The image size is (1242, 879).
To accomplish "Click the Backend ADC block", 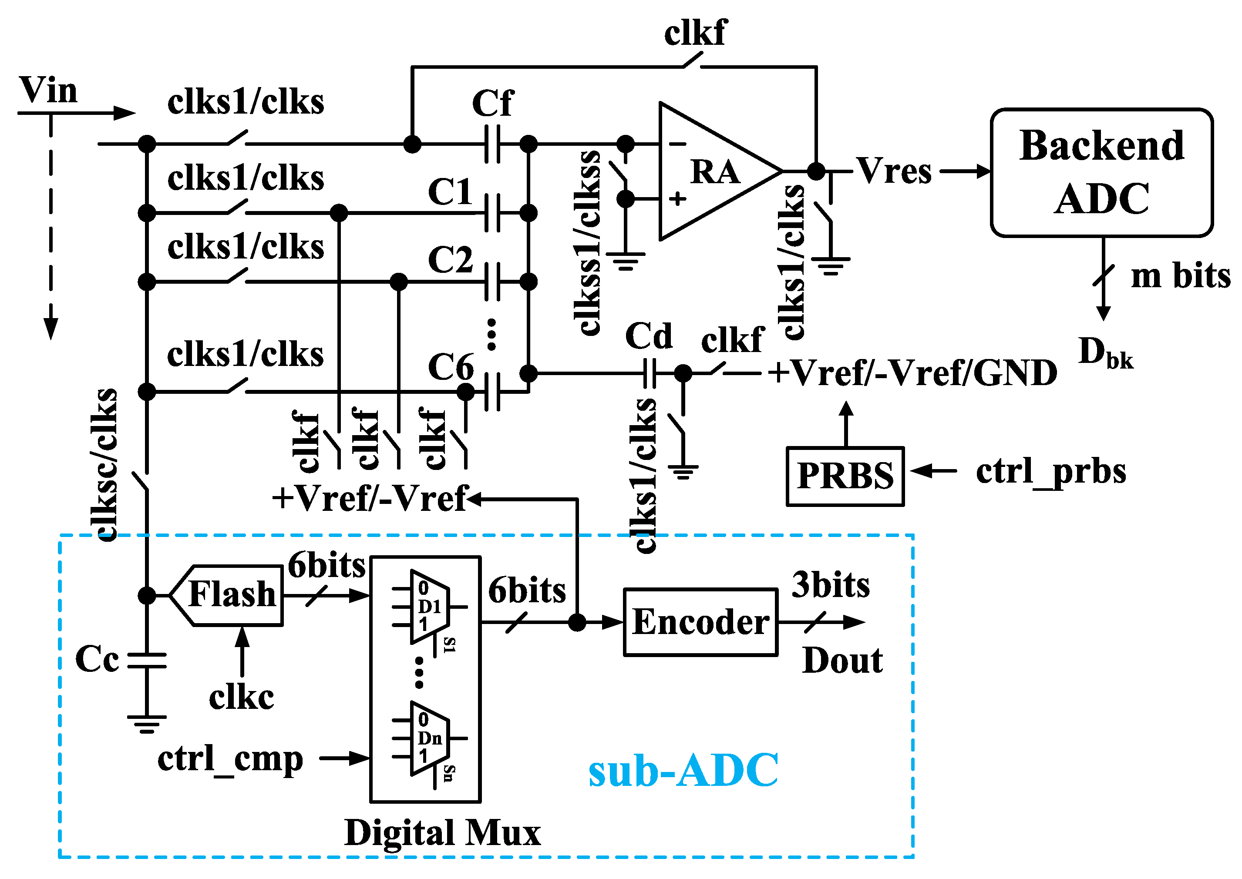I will (1101, 172).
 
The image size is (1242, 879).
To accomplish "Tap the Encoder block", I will (700, 622).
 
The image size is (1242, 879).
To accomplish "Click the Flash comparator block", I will (232, 595).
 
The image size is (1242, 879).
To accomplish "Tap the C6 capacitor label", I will (451, 367).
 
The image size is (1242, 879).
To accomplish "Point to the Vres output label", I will (895, 171).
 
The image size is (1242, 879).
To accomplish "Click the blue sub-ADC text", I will (683, 770).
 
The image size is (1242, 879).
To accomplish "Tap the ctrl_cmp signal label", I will (230, 759).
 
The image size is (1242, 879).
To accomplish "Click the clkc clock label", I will (242, 697).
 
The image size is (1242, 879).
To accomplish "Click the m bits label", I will (1180, 276).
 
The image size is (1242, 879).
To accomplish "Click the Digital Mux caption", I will (442, 833).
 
